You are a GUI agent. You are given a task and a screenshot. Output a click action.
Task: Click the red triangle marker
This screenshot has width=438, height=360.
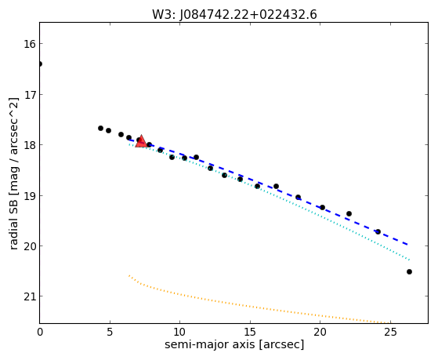click(141, 141)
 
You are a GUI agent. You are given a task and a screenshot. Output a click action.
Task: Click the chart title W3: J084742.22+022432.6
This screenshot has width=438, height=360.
click(234, 15)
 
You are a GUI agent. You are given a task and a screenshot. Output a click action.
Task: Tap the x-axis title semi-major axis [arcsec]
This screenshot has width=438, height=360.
click(234, 344)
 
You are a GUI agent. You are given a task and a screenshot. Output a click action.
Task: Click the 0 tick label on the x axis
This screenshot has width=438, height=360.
click(40, 332)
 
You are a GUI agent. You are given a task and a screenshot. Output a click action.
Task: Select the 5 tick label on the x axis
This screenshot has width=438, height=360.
click(110, 332)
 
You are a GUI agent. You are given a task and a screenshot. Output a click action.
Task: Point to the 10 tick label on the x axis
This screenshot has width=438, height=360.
click(179, 332)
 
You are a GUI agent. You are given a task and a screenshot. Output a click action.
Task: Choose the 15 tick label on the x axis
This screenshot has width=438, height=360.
click(250, 332)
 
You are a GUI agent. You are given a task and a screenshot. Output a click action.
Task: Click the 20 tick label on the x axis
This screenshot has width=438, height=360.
click(320, 332)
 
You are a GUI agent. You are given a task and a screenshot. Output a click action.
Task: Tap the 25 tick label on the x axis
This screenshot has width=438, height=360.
click(390, 332)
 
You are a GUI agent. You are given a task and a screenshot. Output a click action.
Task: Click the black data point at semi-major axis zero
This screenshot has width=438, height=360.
click(40, 64)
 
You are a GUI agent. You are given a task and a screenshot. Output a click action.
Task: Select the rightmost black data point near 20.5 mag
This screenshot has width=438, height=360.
click(409, 271)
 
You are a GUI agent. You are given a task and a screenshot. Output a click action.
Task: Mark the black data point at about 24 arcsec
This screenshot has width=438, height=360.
click(378, 231)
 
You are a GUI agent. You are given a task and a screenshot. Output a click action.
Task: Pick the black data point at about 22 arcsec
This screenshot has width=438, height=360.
click(349, 213)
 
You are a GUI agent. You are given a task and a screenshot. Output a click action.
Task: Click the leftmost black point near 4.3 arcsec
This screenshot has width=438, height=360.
click(100, 129)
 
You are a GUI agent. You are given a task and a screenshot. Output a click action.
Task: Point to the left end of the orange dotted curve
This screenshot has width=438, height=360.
click(129, 275)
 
